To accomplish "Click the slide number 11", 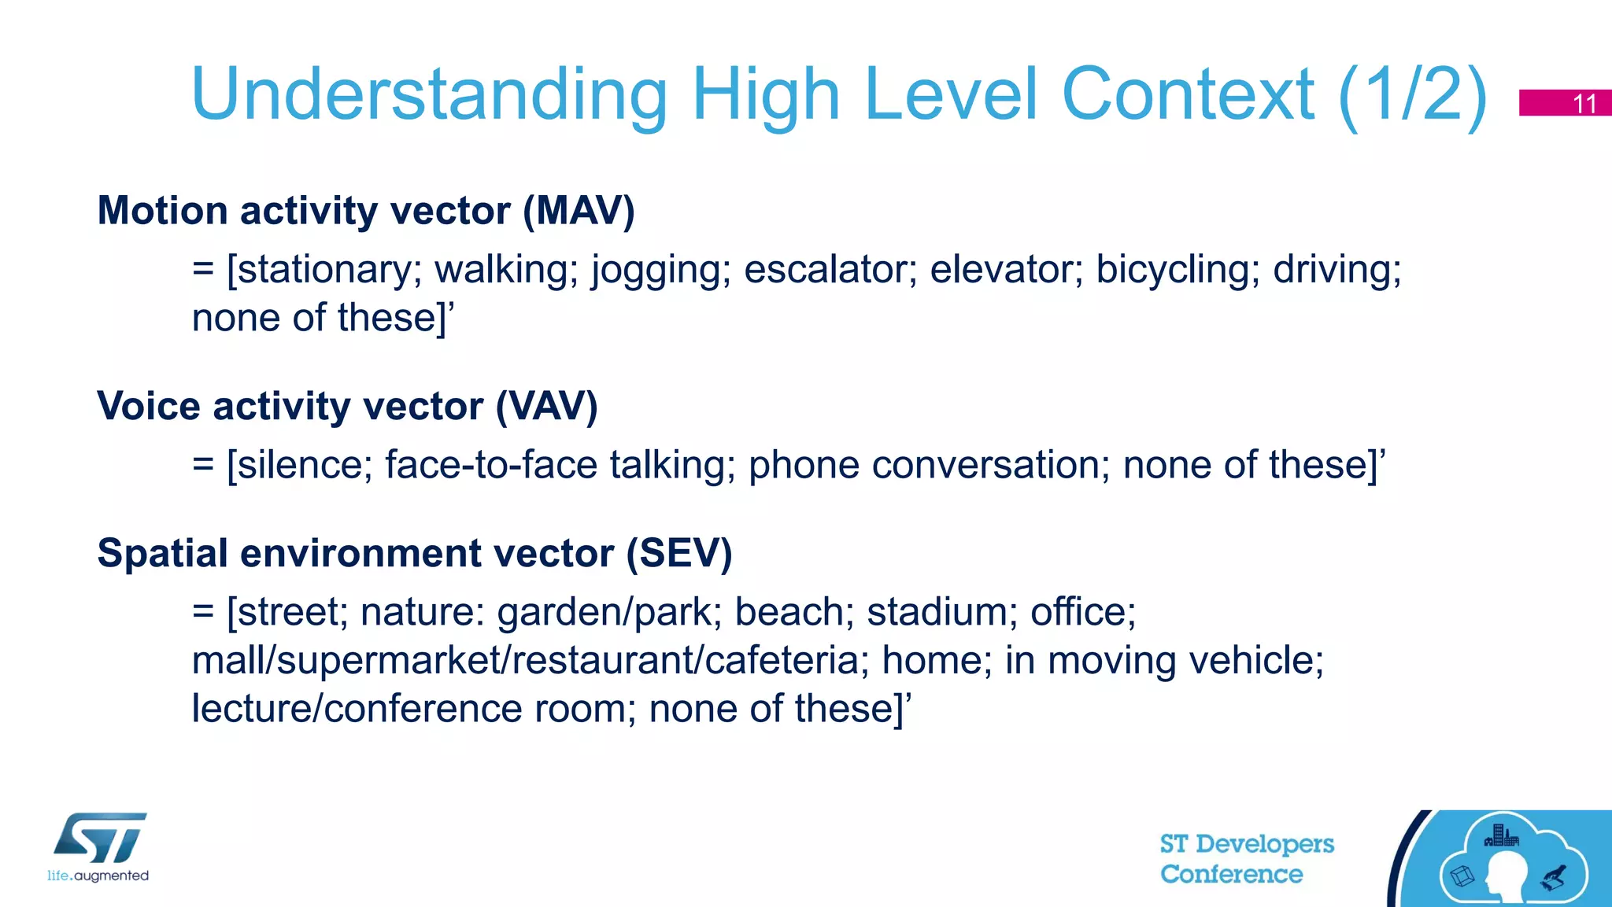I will (x=1584, y=104).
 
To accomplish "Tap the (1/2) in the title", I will (x=1413, y=96).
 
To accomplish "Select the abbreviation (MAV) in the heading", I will (x=579, y=211).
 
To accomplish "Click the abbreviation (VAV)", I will (x=547, y=407).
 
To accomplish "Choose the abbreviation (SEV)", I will (x=679, y=553).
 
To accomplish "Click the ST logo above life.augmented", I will (x=101, y=838).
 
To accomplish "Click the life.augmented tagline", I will (x=98, y=876).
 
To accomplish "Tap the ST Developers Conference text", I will (x=1247, y=859).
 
